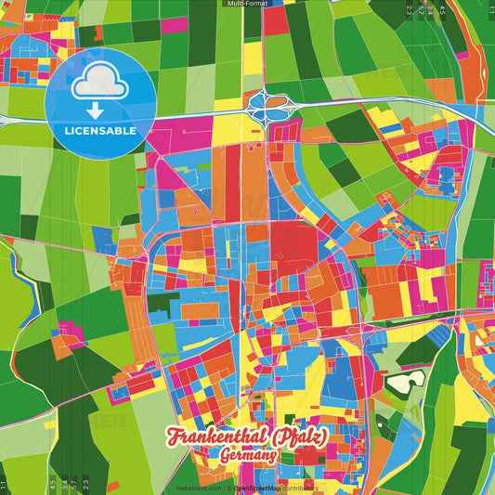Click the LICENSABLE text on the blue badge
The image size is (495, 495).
click(100, 131)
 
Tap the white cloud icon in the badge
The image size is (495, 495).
click(101, 83)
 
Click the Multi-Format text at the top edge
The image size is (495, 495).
click(247, 4)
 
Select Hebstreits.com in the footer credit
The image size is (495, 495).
click(199, 488)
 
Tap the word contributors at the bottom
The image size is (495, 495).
click(303, 488)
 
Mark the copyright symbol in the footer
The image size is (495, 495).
click(228, 488)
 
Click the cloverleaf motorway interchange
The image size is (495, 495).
click(268, 109)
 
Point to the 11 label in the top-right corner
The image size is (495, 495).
click(489, 10)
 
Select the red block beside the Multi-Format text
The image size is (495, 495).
click(276, 20)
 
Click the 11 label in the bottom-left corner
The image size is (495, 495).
click(5, 484)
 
